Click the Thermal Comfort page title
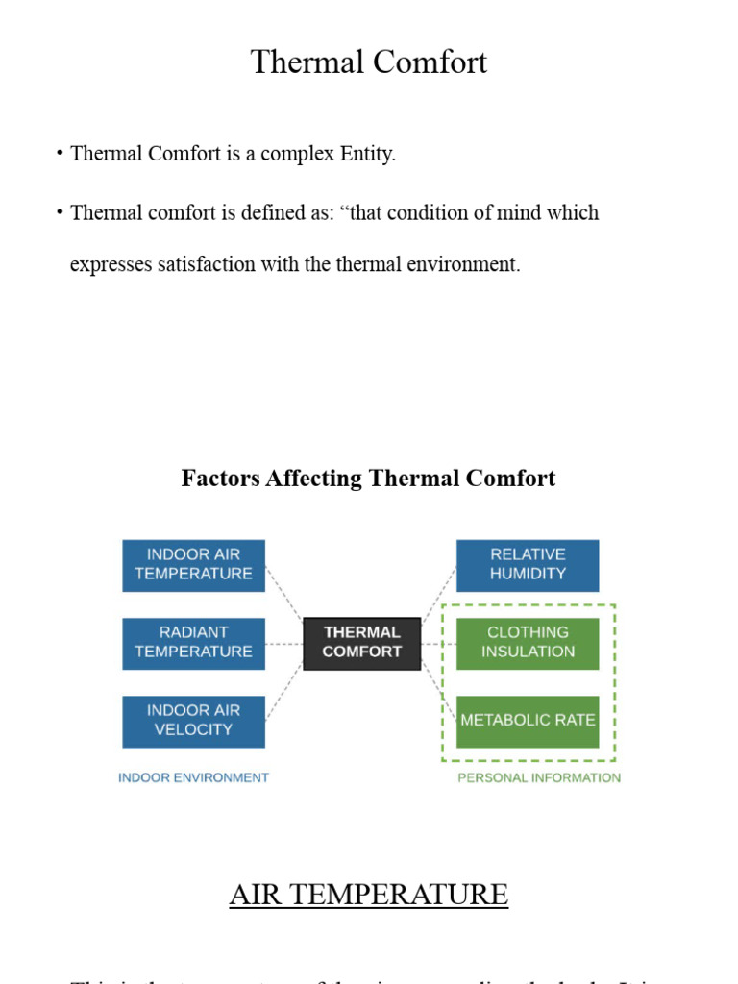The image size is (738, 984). coord(369,62)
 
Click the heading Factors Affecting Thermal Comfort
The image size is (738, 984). coord(368,479)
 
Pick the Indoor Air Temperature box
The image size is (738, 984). coord(194,565)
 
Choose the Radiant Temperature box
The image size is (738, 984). coord(194,643)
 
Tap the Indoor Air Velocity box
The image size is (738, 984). coord(194,721)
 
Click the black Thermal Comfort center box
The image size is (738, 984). coord(362,643)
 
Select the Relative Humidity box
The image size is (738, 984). coord(528,565)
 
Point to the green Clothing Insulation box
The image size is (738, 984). coord(528,643)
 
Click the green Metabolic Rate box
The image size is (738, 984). coord(528,721)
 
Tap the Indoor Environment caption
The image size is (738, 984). coord(193,777)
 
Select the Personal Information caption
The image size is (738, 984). coord(539,777)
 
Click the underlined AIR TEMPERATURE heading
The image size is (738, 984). coord(369,895)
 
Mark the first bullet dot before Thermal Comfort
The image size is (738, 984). coord(60,153)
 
